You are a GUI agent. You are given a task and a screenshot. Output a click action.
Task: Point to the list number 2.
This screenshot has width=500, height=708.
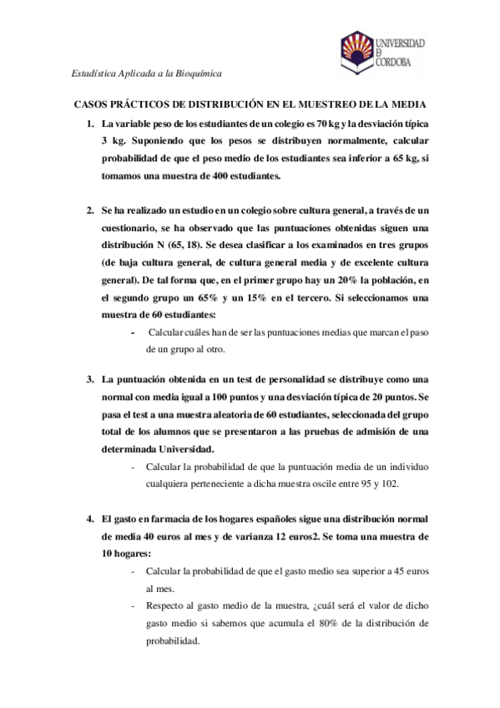coord(91,209)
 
